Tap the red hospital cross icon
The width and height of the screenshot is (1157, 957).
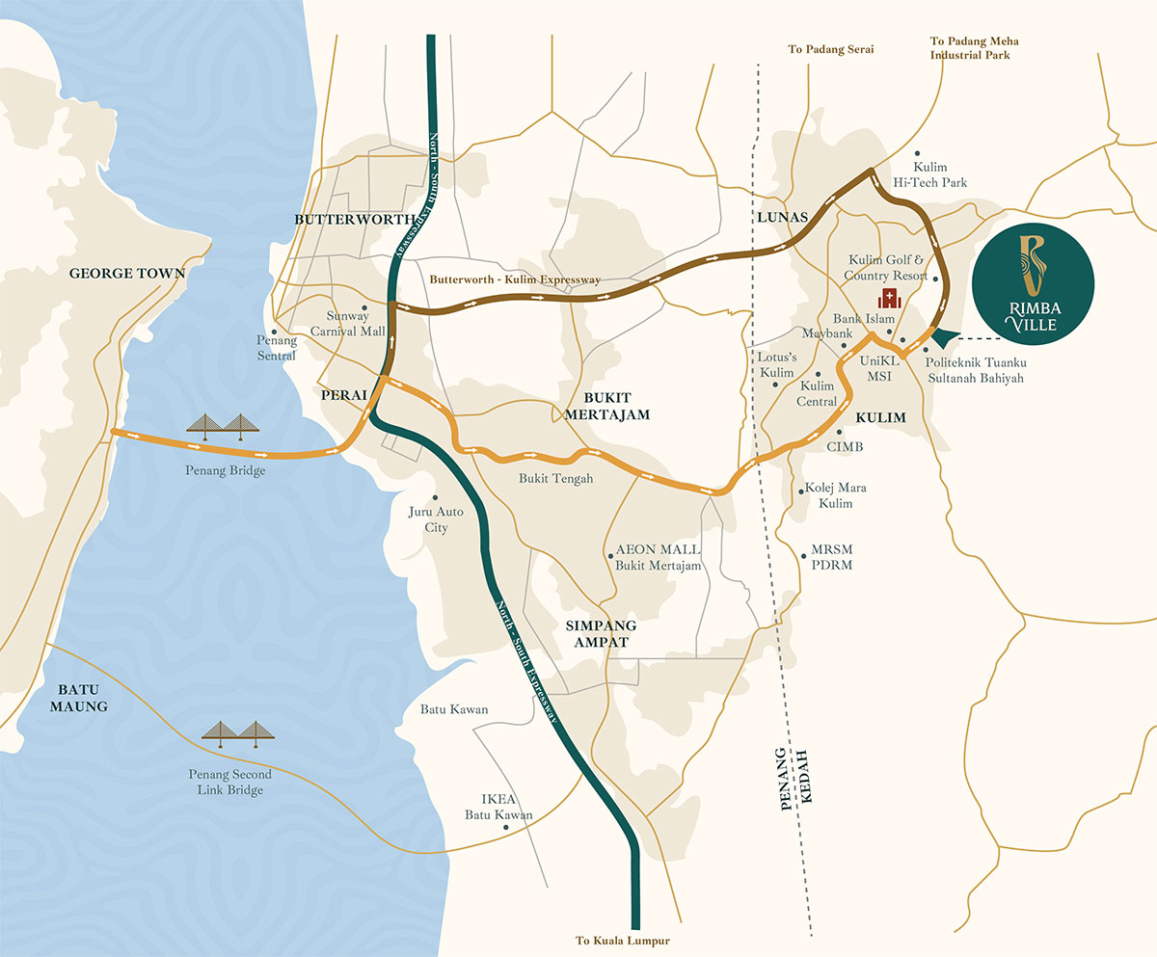(x=882, y=298)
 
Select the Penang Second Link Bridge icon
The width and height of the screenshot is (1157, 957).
(x=238, y=731)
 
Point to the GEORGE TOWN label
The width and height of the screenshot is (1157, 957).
(x=126, y=274)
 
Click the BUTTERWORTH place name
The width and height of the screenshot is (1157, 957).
(x=354, y=220)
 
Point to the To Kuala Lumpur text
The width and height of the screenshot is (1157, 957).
(x=622, y=941)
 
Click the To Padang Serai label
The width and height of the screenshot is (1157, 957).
(x=830, y=49)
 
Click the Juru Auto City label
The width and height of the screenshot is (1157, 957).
(x=436, y=519)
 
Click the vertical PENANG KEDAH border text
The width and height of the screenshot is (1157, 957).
(x=795, y=779)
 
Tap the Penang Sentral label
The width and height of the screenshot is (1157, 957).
(x=276, y=348)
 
